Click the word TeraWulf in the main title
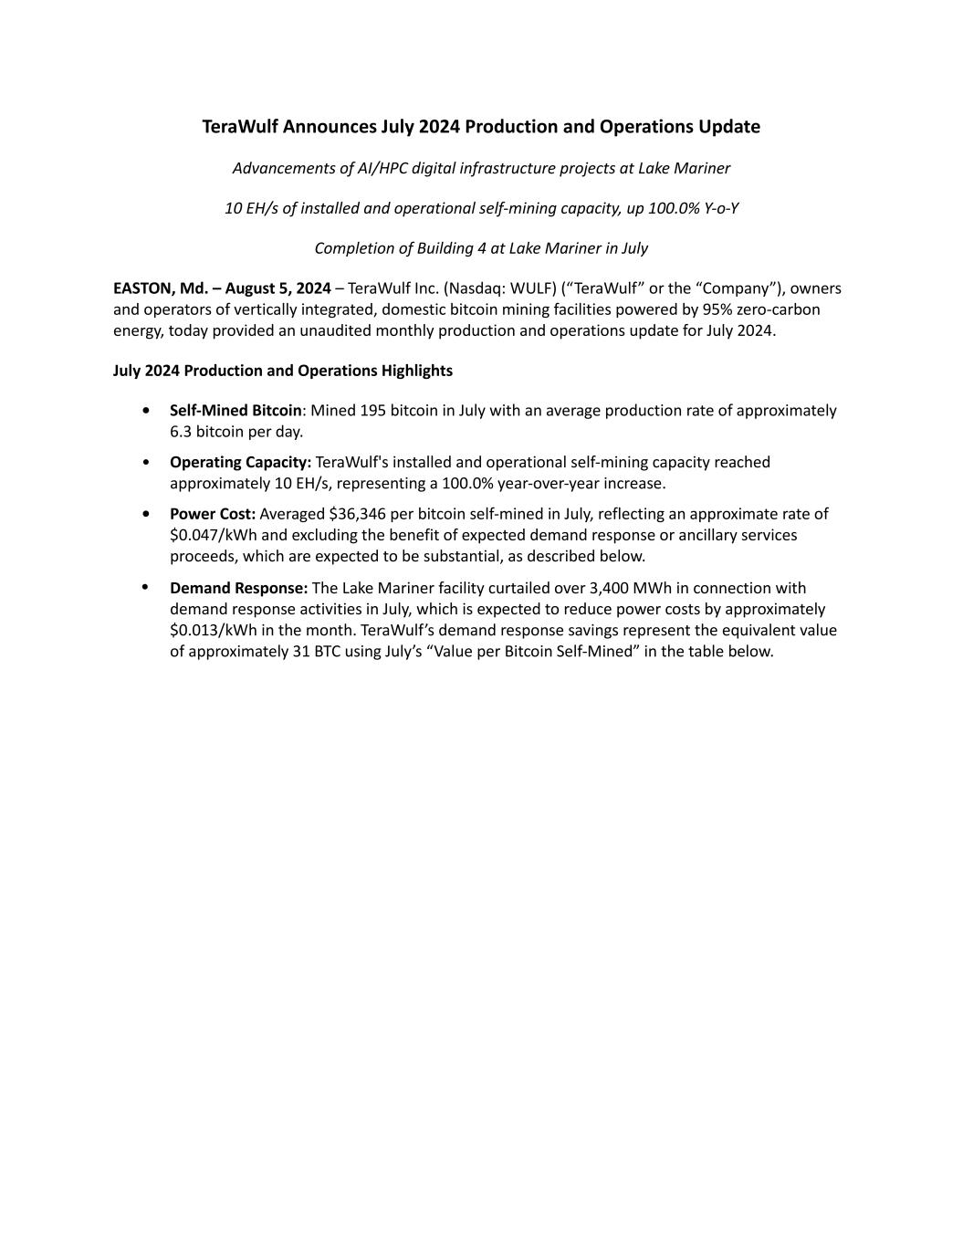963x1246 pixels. [x=240, y=127]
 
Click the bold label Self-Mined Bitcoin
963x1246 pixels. [x=236, y=411]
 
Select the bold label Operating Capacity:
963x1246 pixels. [x=240, y=463]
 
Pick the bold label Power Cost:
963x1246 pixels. [x=212, y=514]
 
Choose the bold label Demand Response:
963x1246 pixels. [x=238, y=588]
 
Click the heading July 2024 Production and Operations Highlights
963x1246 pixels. [x=283, y=371]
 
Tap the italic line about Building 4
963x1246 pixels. [x=481, y=248]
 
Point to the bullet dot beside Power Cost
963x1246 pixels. [x=147, y=514]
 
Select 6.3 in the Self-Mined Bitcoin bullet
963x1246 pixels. [x=181, y=432]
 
